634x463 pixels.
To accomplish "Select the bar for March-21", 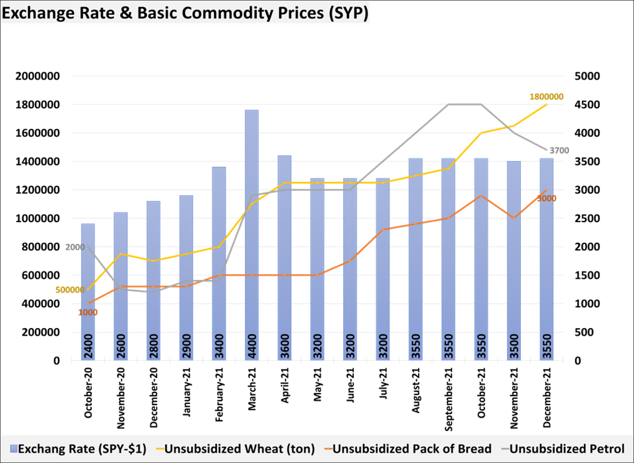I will point(252,229).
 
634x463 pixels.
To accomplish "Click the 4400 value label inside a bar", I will point(252,347).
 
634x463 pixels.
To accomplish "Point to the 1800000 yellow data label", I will point(546,97).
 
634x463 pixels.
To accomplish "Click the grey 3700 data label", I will point(559,151).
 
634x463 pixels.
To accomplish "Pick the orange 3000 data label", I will point(546,199).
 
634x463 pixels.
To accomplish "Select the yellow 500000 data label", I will point(70,290).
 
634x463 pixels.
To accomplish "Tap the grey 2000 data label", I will point(75,247).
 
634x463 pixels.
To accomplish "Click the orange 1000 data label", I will point(88,313).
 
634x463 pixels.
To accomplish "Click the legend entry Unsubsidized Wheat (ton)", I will point(235,449).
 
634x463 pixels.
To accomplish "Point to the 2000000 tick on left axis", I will point(41,76).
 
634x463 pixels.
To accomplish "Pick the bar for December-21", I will point(547,258).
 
